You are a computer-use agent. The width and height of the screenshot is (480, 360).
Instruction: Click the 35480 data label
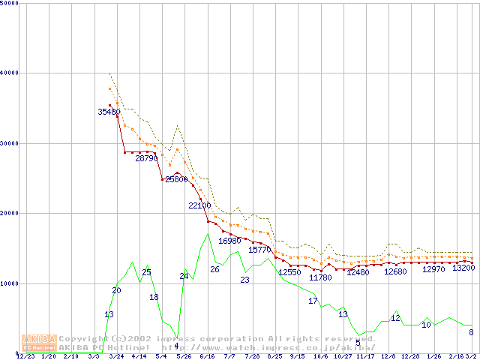[x=109, y=112]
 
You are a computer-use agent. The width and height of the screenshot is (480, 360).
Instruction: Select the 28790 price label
[x=146, y=159]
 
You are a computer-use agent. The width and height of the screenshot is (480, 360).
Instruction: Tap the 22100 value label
[x=199, y=205]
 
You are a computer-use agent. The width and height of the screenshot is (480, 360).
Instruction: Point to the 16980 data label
[x=229, y=241]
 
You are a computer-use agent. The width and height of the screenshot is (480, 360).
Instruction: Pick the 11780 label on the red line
[x=320, y=277]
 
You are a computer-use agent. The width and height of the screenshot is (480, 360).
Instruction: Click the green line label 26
[x=214, y=269]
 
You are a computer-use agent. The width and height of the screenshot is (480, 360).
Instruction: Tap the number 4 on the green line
[x=176, y=346]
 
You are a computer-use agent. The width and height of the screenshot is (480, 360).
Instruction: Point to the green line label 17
[x=313, y=301]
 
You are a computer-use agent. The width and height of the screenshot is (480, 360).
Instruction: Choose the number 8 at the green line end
[x=471, y=332]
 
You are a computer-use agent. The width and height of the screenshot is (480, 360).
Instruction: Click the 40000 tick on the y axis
[x=9, y=73]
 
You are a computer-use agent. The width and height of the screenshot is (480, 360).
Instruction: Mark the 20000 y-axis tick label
[x=9, y=213]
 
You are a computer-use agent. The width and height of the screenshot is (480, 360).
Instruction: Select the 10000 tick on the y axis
[x=9, y=283]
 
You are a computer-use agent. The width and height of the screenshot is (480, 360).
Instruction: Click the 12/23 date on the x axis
[x=25, y=356]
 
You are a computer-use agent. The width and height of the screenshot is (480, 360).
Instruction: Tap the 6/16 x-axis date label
[x=207, y=356]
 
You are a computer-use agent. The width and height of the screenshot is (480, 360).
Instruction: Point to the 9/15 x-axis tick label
[x=298, y=356]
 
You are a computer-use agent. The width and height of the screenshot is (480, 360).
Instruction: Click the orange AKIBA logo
[x=40, y=343]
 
